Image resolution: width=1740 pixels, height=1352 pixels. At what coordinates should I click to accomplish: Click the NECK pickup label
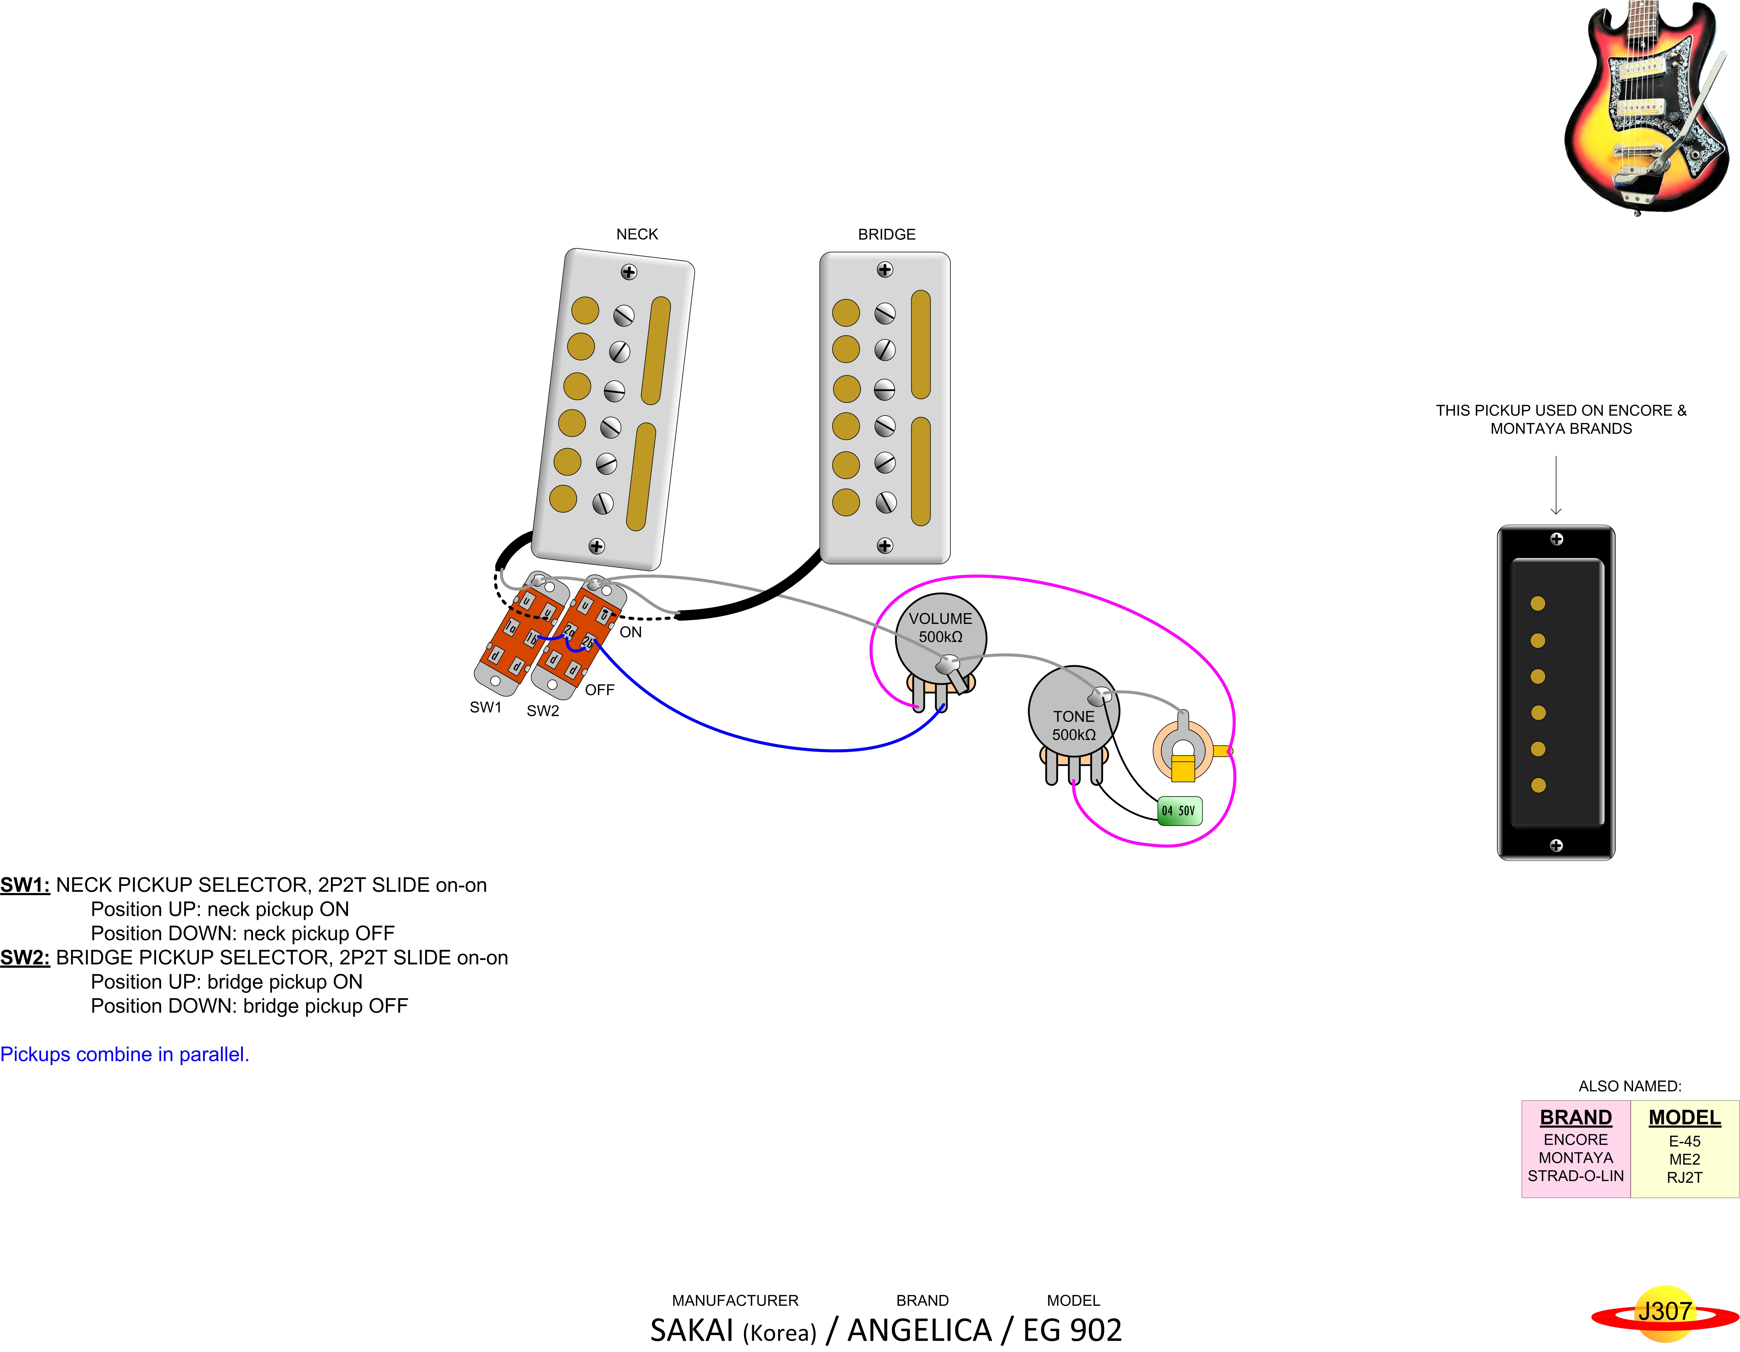pos(637,234)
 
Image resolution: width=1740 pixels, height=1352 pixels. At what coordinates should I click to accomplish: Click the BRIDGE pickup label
pos(886,234)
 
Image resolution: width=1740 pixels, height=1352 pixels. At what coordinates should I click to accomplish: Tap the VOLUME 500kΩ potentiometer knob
pos(940,637)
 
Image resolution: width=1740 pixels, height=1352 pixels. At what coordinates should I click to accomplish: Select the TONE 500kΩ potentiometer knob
pos(1073,713)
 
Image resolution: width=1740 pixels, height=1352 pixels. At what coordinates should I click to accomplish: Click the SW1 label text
pos(485,707)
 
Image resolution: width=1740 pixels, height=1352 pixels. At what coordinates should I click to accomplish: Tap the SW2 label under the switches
pos(542,711)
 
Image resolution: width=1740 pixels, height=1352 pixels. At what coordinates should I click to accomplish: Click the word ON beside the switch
pos(630,632)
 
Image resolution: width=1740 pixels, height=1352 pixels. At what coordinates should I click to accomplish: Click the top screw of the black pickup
pos(1556,539)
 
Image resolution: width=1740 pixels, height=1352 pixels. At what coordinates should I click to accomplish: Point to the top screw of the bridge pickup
pos(884,270)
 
